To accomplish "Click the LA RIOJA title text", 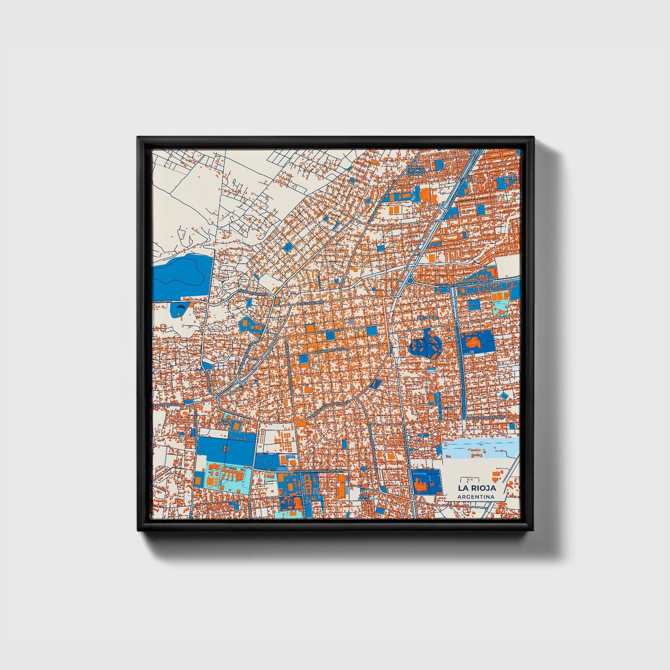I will point(477,488).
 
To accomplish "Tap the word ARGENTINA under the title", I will point(476,497).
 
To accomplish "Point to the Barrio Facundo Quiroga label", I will point(416,170).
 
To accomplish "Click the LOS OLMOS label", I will point(226,421).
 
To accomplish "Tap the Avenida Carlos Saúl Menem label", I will point(320,471).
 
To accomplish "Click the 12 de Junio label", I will point(365,498).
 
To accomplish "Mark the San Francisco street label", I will point(166,405).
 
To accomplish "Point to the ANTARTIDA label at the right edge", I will point(513,178).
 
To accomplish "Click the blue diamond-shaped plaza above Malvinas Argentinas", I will point(504,396).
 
